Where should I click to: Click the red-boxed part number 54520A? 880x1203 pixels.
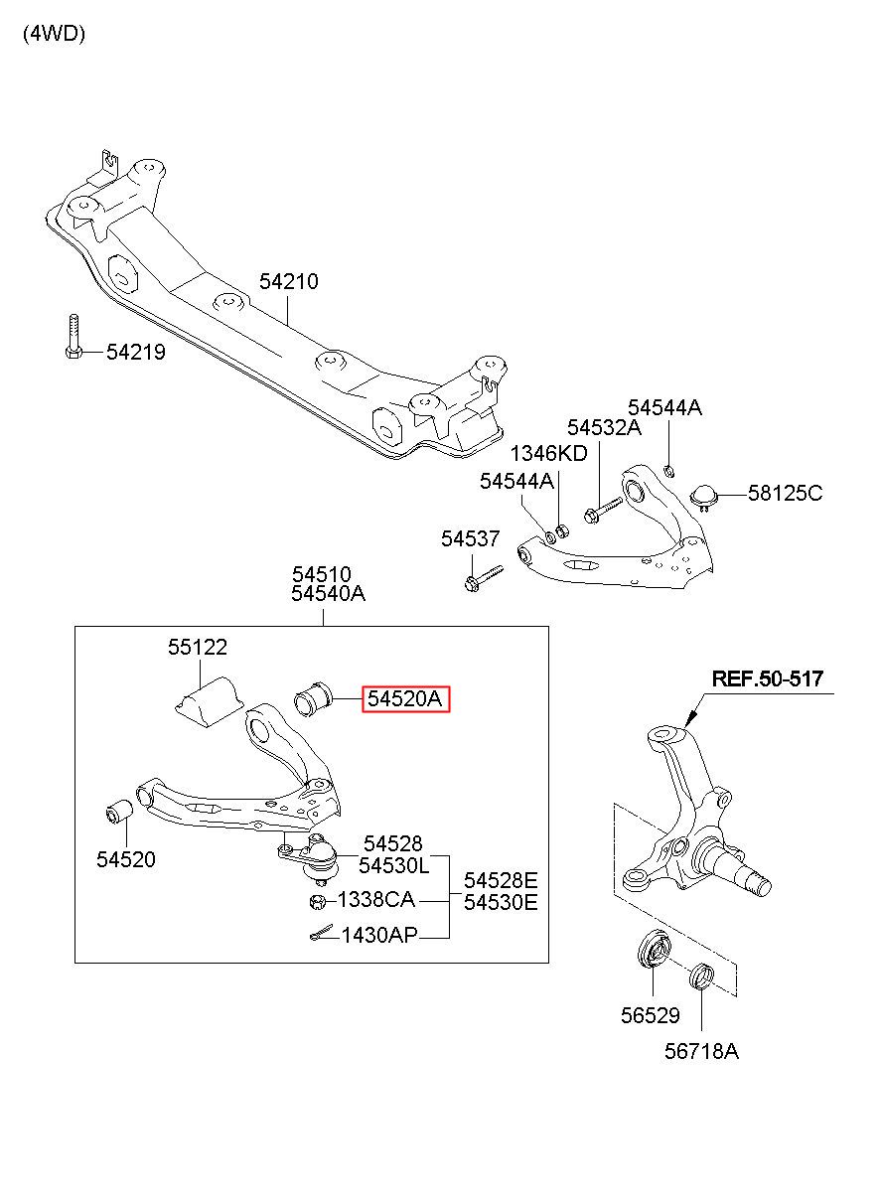(x=404, y=698)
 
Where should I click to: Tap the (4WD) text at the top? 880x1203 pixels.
(x=54, y=35)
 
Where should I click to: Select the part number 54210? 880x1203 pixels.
(x=289, y=281)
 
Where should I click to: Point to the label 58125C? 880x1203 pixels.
(x=785, y=493)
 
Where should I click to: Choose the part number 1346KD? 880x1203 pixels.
(x=548, y=453)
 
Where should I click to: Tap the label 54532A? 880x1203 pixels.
(x=604, y=427)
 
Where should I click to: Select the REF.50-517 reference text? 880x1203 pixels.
(x=767, y=678)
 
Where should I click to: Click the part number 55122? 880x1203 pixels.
(x=198, y=647)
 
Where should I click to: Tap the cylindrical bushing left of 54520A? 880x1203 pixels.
(x=314, y=698)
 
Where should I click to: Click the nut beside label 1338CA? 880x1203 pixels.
(x=318, y=902)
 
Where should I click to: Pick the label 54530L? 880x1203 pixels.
(x=394, y=865)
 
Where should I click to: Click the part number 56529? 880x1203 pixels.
(x=651, y=1015)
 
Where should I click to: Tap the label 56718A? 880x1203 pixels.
(x=701, y=1051)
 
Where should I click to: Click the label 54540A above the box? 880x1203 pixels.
(x=328, y=593)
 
